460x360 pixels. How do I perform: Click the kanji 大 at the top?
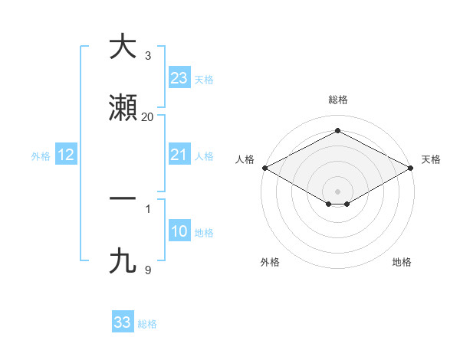coord(122,47)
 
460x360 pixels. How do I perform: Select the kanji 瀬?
coord(122,108)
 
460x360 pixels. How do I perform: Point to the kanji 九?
coord(122,261)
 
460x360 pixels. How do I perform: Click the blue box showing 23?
coord(179,77)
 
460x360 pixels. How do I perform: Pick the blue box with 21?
coord(179,155)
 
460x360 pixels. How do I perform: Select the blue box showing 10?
coord(179,231)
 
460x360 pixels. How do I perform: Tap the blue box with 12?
coord(66,155)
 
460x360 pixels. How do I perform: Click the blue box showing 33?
coord(123,322)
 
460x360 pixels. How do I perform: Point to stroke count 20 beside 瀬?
coord(148,116)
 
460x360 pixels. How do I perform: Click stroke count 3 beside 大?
coord(148,55)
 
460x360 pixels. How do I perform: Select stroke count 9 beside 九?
coord(148,270)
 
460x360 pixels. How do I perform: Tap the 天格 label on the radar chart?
coord(431,159)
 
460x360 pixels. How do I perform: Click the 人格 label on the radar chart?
coord(245,159)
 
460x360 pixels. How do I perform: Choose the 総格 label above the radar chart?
coord(338,100)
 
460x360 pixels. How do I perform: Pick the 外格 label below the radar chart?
coord(270,262)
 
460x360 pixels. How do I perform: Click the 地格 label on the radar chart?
coord(402,262)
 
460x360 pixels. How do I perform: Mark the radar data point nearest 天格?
coord(412,168)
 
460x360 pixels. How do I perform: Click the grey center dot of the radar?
coord(338,191)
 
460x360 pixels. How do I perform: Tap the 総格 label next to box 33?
coord(148,324)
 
